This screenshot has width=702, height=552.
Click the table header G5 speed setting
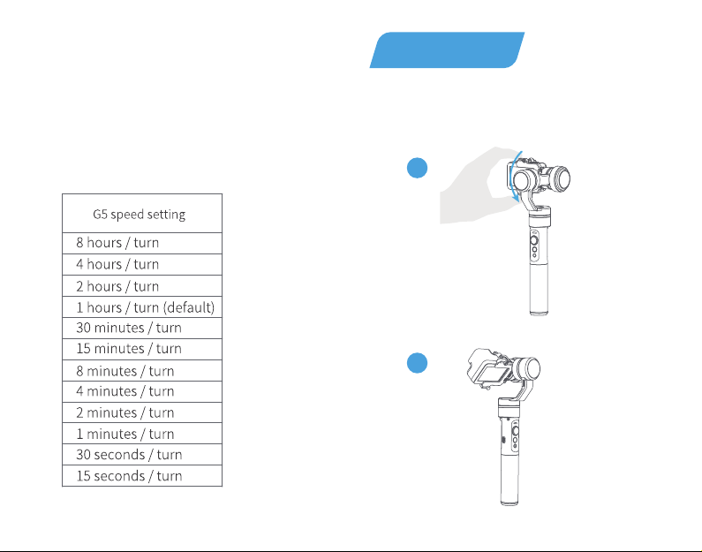coord(140,215)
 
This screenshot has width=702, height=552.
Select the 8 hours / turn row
coord(142,243)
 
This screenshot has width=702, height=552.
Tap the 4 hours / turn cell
coord(142,265)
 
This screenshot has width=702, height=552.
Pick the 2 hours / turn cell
coord(142,286)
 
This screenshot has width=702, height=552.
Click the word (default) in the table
coord(188,307)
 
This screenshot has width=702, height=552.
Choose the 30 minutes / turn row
coord(142,329)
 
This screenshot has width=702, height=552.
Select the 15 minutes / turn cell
coord(142,349)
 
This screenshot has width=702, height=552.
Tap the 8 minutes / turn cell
coord(142,371)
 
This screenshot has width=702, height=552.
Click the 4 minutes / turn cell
coord(142,392)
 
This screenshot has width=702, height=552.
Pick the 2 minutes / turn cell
coord(142,412)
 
